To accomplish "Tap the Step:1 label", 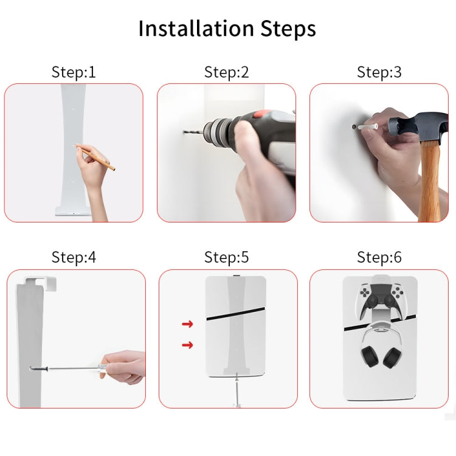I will point(74,72).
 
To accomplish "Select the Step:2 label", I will point(226,72).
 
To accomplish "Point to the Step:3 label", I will point(379,72).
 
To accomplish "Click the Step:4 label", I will point(74,257).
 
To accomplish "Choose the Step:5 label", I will point(226,257).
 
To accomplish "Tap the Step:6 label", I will point(379,257).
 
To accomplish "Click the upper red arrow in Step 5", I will point(187,324).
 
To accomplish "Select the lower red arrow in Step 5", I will point(187,345).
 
